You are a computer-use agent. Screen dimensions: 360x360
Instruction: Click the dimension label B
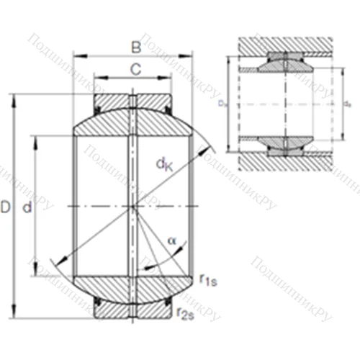pos(135,47)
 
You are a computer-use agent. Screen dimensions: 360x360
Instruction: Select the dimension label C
pos(135,69)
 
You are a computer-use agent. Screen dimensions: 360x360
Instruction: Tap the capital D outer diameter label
pos(6,208)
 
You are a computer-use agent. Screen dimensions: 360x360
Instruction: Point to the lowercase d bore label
pos(27,208)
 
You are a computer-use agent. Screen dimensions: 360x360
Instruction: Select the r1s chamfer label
pos(207,279)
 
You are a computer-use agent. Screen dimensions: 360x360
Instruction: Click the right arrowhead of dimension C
pos(169,77)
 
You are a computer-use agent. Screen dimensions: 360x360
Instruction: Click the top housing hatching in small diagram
pos(288,43)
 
